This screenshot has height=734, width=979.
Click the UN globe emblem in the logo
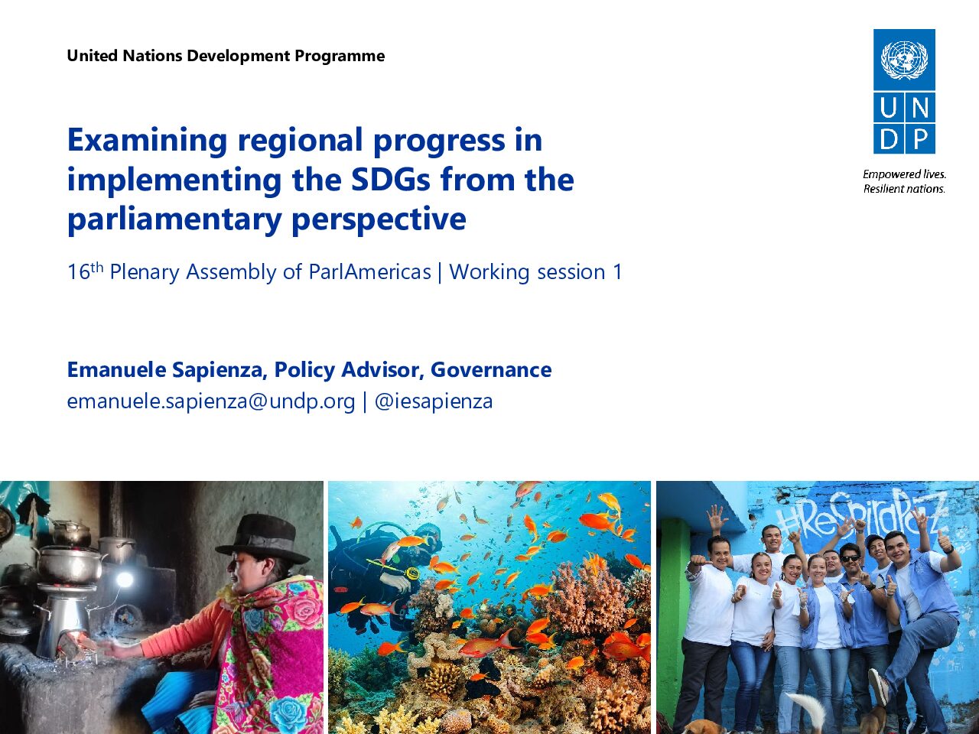click(904, 60)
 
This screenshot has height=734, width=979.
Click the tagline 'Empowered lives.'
click(904, 174)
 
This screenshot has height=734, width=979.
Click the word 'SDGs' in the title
click(391, 180)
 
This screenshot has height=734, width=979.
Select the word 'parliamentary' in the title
click(174, 220)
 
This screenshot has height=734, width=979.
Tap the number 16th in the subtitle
click(85, 271)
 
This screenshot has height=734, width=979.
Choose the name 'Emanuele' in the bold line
click(116, 369)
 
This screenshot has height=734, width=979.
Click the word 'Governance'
click(491, 369)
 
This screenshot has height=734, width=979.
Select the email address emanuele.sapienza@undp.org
click(211, 401)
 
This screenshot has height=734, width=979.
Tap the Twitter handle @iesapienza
click(434, 401)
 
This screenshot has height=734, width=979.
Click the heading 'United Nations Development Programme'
click(226, 56)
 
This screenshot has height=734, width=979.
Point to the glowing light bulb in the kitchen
click(125, 580)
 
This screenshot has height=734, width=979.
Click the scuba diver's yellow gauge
click(412, 573)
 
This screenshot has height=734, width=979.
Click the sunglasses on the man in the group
click(850, 558)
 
